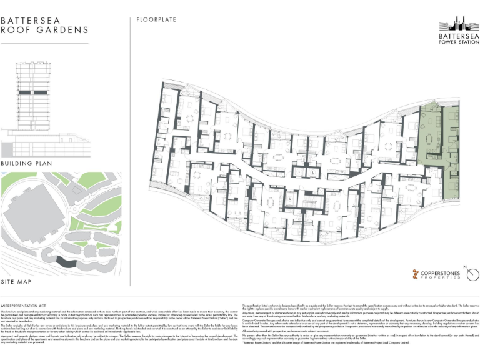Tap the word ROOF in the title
(15, 30)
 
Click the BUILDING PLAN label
(28, 163)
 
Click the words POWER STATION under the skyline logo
(459, 44)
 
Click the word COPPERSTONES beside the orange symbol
(444, 271)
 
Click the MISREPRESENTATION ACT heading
(27, 304)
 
